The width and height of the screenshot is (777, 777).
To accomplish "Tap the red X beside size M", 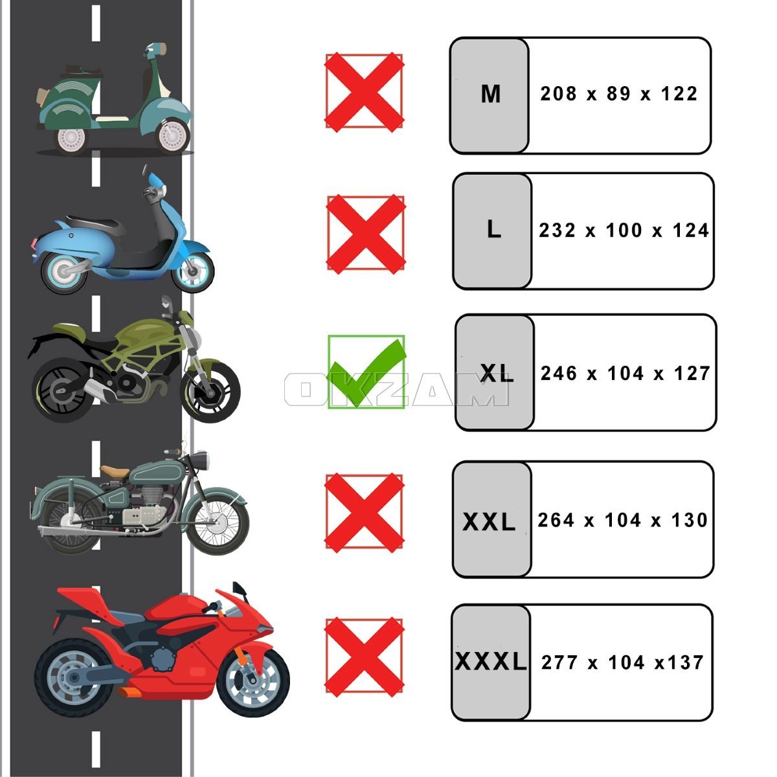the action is tap(364, 93).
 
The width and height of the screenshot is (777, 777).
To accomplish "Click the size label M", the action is tap(491, 95).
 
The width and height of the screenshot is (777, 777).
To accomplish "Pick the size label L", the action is tap(494, 230).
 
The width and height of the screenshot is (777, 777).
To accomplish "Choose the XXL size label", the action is tap(489, 522).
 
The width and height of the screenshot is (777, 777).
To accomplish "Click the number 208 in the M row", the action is tap(558, 93).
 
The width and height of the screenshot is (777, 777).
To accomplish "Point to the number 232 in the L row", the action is tap(557, 231).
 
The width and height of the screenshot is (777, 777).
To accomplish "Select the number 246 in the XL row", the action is tap(558, 374).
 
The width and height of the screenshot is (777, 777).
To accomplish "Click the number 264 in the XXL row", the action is tap(556, 520).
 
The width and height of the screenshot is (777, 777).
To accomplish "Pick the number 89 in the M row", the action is tap(618, 93).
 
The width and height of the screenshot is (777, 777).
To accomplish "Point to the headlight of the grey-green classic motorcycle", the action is tap(200, 460).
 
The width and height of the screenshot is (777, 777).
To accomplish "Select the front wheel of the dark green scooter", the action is tap(173, 135).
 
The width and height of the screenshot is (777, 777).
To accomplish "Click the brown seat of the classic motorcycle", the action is tap(115, 471).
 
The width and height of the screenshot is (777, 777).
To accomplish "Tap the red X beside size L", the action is tap(366, 234).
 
